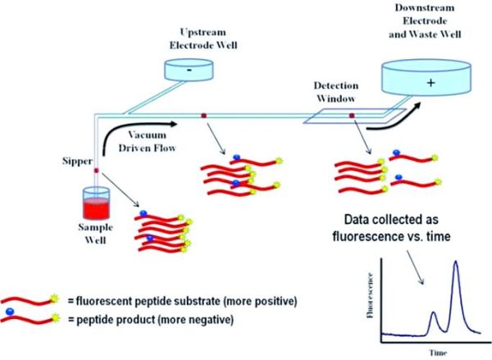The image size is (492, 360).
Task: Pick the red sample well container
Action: point(97,203)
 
